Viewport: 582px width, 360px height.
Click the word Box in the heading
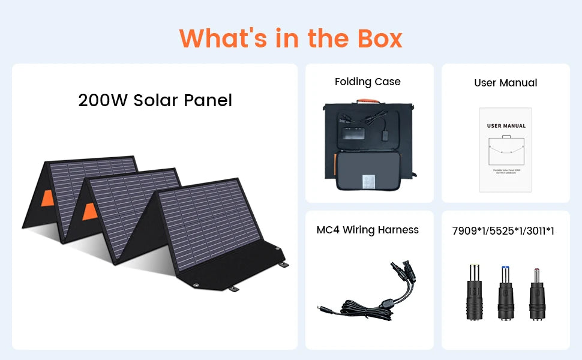[x=373, y=38]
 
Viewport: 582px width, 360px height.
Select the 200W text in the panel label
[x=103, y=100]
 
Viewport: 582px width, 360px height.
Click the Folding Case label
[x=367, y=82]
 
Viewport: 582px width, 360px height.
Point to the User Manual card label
[x=505, y=83]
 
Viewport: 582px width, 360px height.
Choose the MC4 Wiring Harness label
[x=367, y=230]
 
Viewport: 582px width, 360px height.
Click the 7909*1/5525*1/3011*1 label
[x=503, y=230]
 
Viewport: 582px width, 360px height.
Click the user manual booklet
[x=505, y=149]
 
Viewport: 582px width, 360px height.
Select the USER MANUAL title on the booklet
[x=506, y=126]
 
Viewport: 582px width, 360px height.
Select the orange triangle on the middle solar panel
[x=89, y=211]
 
